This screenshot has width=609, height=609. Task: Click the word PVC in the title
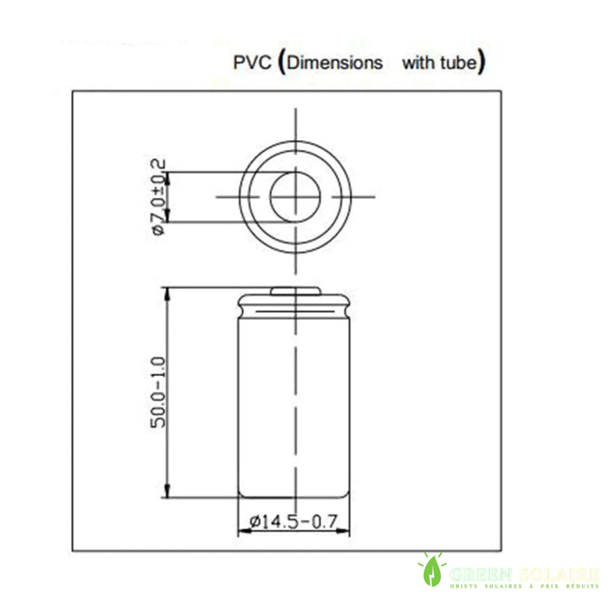(251, 62)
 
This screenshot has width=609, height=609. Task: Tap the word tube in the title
(455, 62)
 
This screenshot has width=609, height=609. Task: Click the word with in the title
(416, 62)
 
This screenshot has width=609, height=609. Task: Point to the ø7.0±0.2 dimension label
(158, 197)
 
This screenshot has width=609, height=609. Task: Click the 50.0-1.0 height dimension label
(158, 392)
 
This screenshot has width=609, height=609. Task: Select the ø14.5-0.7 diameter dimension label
(294, 522)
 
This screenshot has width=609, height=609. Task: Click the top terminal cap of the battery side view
(295, 290)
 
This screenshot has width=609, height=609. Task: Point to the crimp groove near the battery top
(295, 308)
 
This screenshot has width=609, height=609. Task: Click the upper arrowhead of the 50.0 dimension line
(166, 293)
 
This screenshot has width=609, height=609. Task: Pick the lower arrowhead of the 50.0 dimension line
(166, 493)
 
